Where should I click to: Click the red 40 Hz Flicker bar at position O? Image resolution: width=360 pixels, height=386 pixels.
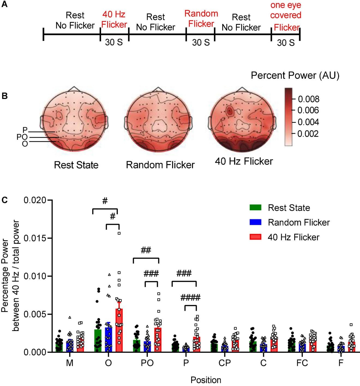119,331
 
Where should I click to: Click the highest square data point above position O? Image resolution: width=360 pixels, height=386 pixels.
119,233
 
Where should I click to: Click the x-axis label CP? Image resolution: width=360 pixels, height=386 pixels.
224,363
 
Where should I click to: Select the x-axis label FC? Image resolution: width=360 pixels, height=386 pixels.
302,363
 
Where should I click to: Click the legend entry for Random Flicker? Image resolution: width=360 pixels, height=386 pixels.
299,223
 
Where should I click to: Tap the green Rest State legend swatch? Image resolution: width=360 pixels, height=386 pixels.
255,208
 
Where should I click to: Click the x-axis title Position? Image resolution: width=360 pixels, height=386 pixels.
206,380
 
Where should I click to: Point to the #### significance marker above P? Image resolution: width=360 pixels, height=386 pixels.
190,297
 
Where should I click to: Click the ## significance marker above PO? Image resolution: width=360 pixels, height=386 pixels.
146,250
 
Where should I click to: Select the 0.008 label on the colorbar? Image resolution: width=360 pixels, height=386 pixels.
308,99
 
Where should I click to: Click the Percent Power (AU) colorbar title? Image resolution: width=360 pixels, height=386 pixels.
295,75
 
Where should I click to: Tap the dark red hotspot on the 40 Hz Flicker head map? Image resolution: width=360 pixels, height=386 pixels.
229,111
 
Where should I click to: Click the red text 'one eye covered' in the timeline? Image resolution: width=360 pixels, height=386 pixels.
286,10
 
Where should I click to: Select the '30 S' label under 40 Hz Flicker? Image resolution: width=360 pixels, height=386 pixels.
114,42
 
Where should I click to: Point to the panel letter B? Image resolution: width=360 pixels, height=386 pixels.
4,96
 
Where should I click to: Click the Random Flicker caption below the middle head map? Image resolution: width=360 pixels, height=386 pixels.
160,165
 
